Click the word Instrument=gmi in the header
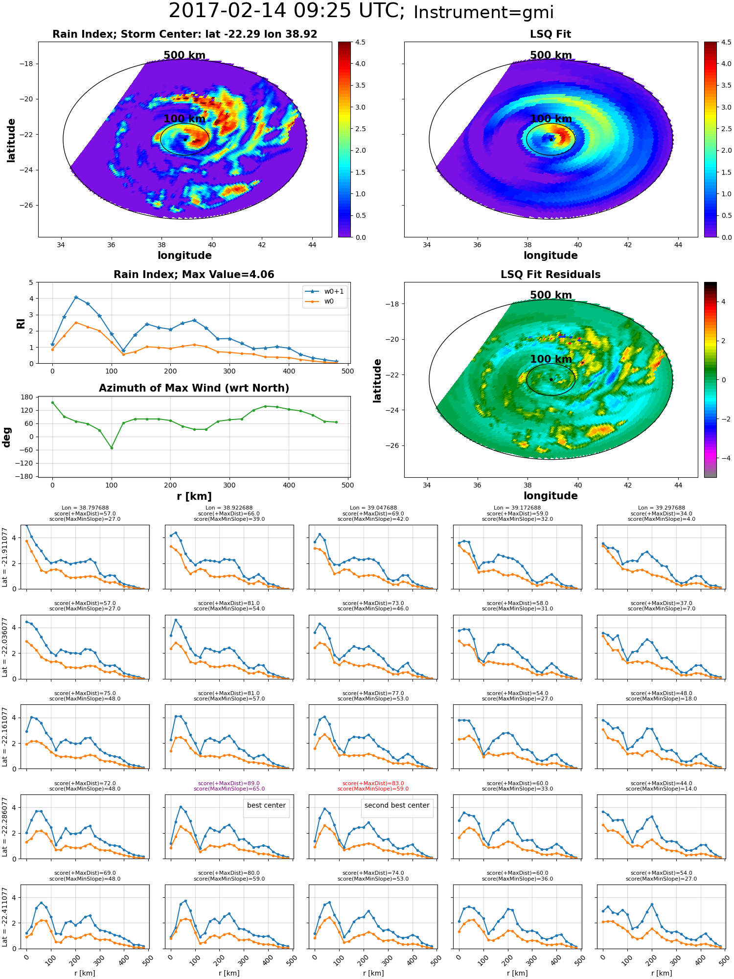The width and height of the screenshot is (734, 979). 483,13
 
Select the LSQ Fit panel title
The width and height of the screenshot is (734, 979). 550,34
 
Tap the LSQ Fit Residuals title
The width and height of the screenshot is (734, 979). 550,275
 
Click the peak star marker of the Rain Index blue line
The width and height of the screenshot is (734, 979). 76,297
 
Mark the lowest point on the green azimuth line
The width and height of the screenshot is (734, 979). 112,448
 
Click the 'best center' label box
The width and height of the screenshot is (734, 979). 266,805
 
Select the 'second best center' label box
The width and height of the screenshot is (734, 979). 397,805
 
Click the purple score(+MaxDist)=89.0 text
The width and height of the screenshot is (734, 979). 229,783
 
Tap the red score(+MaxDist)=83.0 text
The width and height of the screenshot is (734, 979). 373,783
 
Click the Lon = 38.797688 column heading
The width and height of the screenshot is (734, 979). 85,508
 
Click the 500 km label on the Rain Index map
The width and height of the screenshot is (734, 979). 184,55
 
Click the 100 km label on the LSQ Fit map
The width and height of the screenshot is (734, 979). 551,119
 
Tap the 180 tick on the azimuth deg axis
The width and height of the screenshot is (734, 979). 27,397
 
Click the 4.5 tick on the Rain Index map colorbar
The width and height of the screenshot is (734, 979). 360,43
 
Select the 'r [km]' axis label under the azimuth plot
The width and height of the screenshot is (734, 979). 194,496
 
